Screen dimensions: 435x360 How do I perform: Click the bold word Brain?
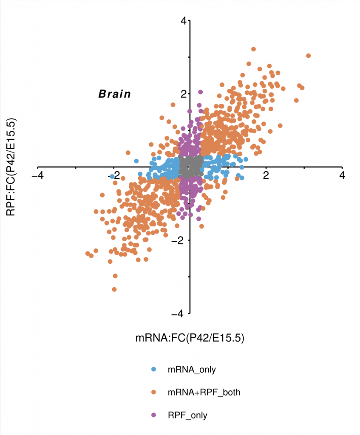pyautogui.click(x=115, y=94)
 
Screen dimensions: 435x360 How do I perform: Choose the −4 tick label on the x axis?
pyautogui.click(x=37, y=175)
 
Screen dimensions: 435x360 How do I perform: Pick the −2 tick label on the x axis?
pyautogui.click(x=111, y=175)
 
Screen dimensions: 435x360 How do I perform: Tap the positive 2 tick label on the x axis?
pyautogui.click(x=266, y=175)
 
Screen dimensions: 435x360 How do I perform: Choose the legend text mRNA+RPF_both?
pyautogui.click(x=204, y=393)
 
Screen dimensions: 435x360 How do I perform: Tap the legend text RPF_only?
pyautogui.click(x=187, y=415)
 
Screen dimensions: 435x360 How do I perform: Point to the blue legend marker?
pyautogui.click(x=154, y=369)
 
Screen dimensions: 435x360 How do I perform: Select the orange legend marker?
pyautogui.click(x=154, y=392)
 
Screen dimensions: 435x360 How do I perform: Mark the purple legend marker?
pyautogui.click(x=154, y=415)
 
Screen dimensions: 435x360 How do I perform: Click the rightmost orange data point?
pyautogui.click(x=308, y=56)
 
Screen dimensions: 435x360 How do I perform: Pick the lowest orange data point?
pyautogui.click(x=114, y=289)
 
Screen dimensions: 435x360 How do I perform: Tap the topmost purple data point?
pyautogui.click(x=200, y=92)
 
